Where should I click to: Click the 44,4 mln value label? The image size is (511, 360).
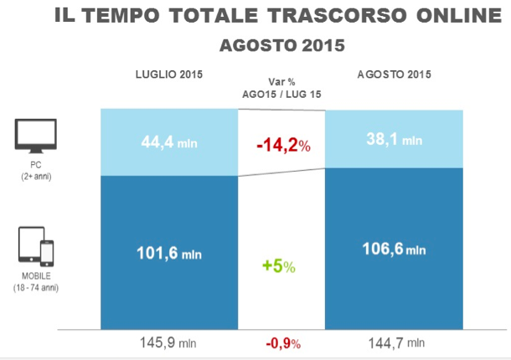click(168, 141)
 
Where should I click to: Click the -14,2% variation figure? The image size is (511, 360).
click(282, 146)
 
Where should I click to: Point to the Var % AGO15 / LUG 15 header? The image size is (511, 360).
click(281, 89)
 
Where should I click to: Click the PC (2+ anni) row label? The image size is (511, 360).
click(36, 171)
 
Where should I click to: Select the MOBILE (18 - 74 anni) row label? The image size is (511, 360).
click(36, 282)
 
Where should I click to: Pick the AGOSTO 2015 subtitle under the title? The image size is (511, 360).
click(281, 44)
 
